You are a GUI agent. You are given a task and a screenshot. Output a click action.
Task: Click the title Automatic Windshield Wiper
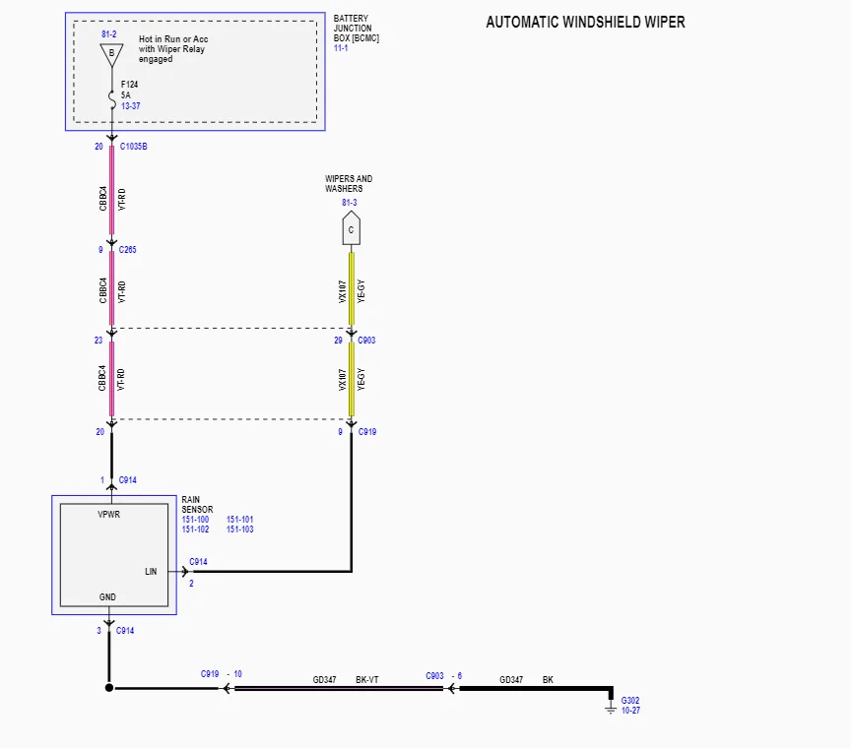click(x=585, y=22)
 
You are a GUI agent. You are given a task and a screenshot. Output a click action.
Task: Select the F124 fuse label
click(x=129, y=85)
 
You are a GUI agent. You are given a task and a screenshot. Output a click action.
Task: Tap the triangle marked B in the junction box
click(x=111, y=53)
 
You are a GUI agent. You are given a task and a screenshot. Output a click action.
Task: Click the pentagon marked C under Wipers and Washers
click(x=351, y=230)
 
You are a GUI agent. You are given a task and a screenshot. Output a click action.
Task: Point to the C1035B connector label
click(x=134, y=147)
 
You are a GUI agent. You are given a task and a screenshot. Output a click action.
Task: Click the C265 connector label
click(x=128, y=250)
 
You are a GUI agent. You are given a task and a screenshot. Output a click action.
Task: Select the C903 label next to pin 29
click(x=366, y=341)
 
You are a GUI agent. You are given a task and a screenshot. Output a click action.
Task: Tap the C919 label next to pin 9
click(x=366, y=432)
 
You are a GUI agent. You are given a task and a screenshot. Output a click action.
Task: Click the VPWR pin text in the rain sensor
click(x=109, y=515)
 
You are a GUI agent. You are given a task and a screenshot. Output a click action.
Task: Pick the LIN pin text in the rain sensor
click(x=151, y=571)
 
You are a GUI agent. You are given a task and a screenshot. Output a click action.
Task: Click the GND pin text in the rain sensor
click(x=107, y=597)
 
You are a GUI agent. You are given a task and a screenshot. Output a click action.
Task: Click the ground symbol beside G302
click(x=612, y=702)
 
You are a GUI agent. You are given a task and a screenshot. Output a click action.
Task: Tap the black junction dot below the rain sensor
click(x=109, y=688)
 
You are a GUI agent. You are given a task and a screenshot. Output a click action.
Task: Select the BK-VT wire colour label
click(x=368, y=680)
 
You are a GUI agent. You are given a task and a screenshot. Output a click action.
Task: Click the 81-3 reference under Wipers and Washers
click(x=350, y=203)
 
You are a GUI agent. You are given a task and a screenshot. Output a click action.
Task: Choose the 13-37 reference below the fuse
click(x=130, y=105)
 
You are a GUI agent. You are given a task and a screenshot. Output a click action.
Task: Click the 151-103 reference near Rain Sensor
click(x=240, y=530)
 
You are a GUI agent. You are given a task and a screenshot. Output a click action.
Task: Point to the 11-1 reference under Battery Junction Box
click(x=342, y=47)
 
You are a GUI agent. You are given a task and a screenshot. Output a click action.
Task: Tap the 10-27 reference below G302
click(x=630, y=711)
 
